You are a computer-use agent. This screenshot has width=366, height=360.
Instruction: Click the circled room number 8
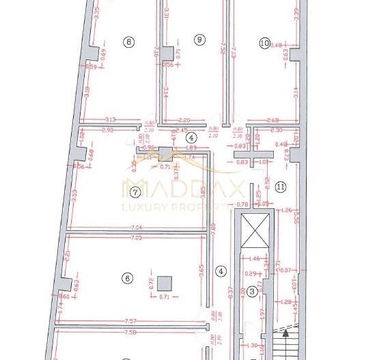coord(130,42)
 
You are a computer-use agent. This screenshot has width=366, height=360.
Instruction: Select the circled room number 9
coord(199,40)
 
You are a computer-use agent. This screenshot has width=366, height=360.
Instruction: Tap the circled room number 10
coord(266,42)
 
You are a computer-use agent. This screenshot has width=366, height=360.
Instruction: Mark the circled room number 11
coord(281,186)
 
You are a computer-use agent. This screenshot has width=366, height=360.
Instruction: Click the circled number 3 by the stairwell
coord(252,292)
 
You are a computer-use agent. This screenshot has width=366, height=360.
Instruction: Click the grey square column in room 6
coord(163,281)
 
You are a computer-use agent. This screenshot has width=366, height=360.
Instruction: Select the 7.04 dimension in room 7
coord(135,227)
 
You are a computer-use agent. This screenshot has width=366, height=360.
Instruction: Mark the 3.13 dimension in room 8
coord(111,120)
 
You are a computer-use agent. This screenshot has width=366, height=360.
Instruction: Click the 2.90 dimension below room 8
coord(107,130)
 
